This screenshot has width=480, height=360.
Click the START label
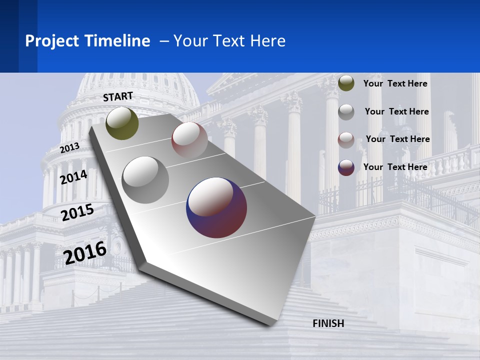(x=118, y=96)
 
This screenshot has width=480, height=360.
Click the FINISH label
(x=328, y=323)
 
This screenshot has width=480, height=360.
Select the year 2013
(x=70, y=147)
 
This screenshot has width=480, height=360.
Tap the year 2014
(x=73, y=177)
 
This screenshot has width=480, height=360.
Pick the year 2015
(x=77, y=212)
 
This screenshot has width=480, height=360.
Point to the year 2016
(x=85, y=252)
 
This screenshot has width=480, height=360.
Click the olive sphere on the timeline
(x=122, y=123)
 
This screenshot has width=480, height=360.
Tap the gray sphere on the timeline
(x=145, y=179)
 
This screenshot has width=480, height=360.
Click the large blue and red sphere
(x=216, y=207)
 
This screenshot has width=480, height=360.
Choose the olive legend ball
(x=346, y=83)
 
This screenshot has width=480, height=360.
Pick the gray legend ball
(x=346, y=112)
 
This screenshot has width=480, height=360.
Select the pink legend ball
(x=346, y=140)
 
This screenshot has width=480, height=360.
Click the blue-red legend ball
(x=346, y=167)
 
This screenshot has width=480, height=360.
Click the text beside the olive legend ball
(x=395, y=84)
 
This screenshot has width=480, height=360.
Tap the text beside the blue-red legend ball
(x=395, y=167)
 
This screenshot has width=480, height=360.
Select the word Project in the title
(x=50, y=41)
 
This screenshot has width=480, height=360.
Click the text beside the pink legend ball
(x=397, y=139)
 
